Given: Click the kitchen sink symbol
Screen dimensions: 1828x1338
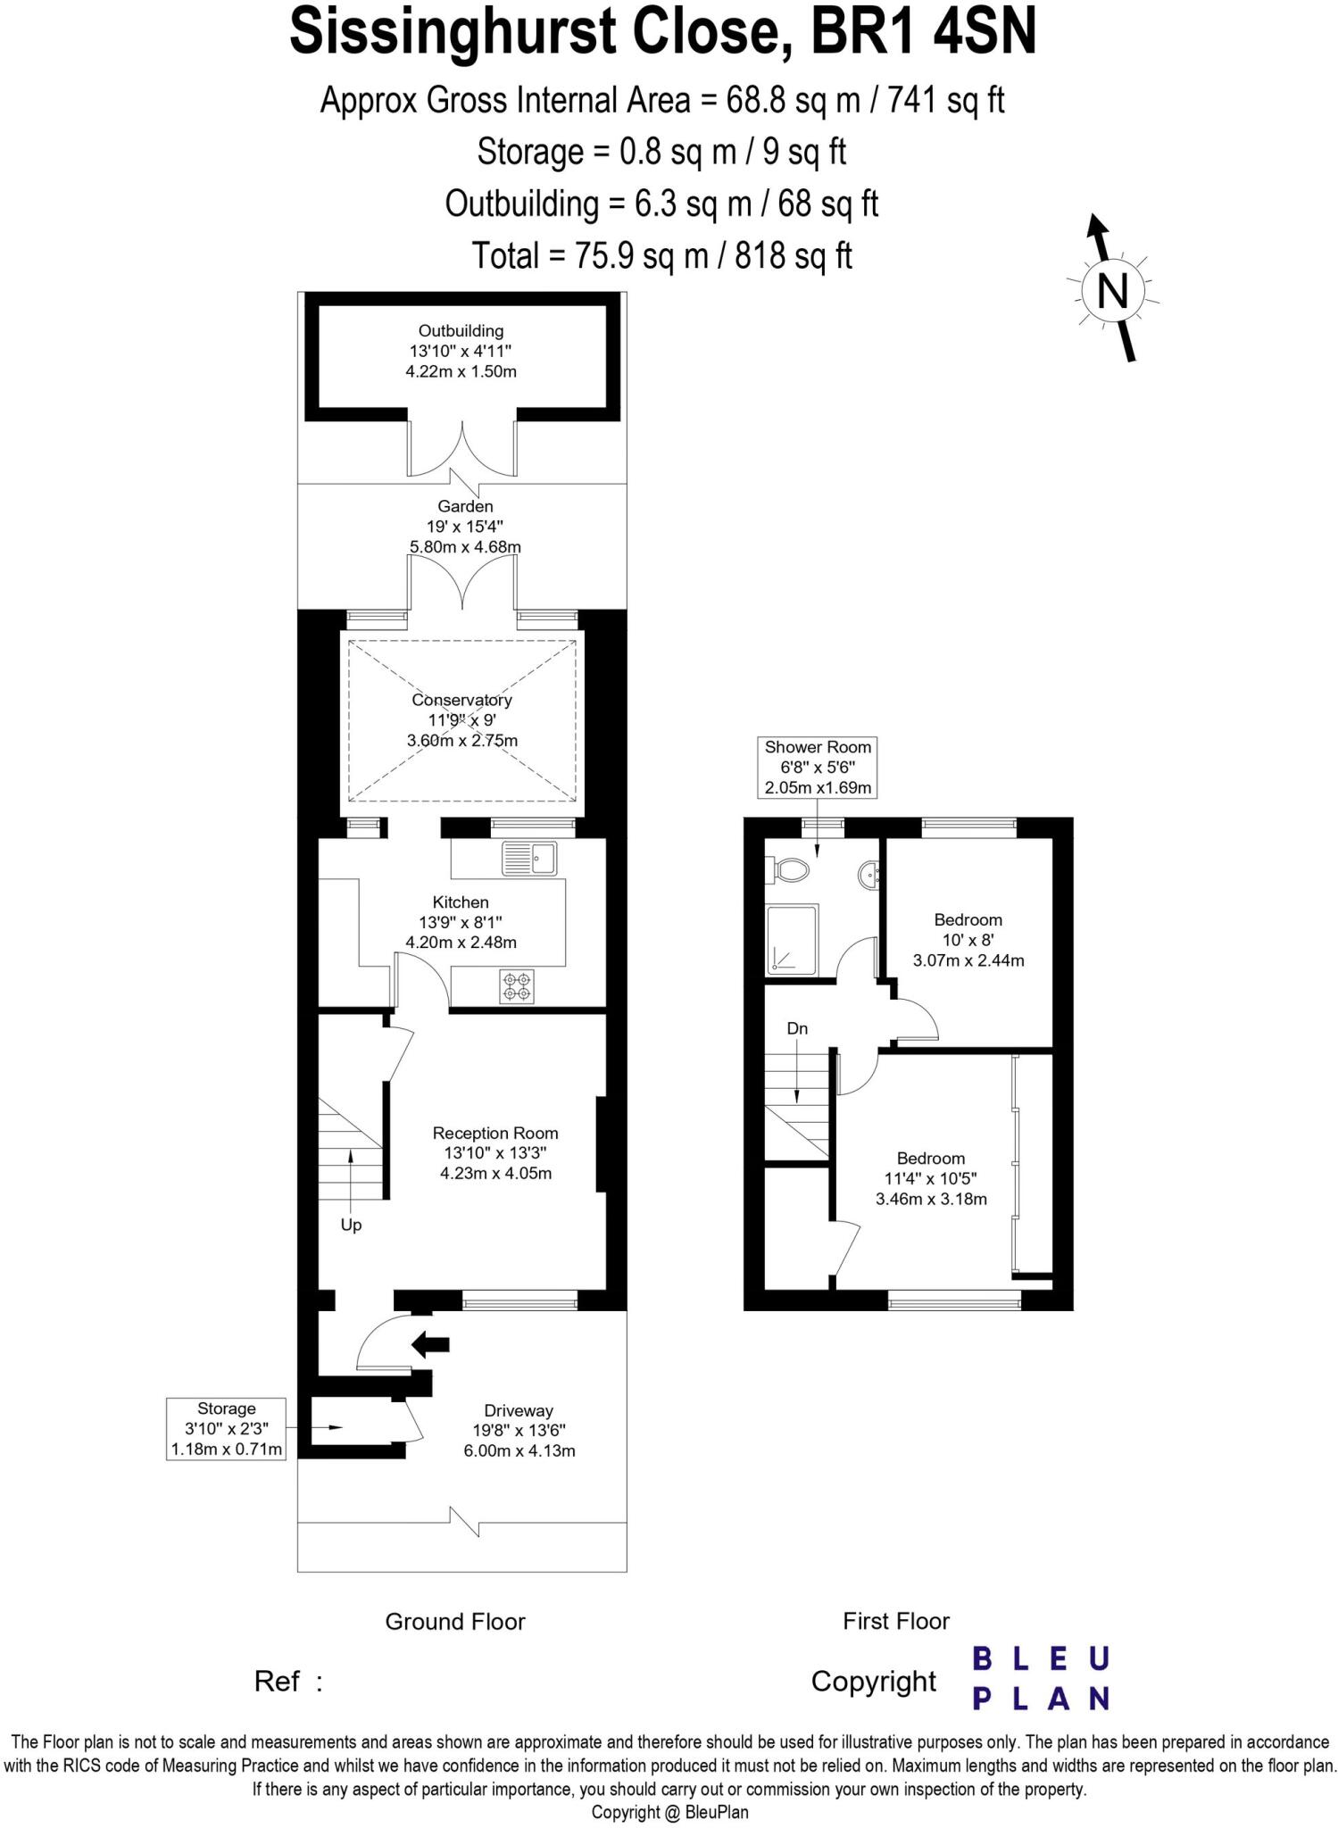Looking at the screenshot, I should point(528,858).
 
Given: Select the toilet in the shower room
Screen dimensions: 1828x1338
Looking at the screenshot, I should point(788,869).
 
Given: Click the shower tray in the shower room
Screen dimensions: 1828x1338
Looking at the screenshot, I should point(791,940).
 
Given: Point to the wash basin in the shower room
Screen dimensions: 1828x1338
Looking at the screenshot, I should point(869,876).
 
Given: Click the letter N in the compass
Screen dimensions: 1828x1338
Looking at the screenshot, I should point(1111,291).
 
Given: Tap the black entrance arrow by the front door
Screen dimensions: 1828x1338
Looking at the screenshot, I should point(430,1343).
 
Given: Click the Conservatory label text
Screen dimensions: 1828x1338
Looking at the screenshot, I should point(461,701).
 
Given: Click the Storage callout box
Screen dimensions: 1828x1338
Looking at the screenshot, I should point(226,1428).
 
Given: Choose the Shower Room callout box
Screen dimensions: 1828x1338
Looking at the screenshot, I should point(817,767).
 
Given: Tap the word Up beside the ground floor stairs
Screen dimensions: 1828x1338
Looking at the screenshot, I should point(351,1225).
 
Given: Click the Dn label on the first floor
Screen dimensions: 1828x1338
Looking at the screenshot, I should point(797,1028).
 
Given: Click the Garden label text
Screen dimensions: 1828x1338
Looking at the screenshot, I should point(465,506).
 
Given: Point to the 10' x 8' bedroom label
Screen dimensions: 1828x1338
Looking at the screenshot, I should point(968,940).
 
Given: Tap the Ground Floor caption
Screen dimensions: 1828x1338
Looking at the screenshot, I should point(454,1621).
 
